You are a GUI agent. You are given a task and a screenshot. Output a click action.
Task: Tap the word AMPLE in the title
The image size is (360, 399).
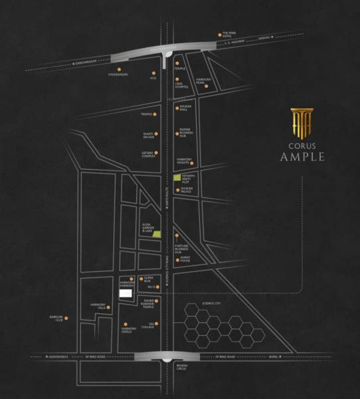pos(302,157)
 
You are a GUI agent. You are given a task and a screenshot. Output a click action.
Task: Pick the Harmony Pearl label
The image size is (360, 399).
pos(203,84)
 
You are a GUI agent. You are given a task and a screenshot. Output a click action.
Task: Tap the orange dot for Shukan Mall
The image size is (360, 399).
pos(176,107)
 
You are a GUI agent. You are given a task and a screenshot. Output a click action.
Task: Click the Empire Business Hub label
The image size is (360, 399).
pos(187,133)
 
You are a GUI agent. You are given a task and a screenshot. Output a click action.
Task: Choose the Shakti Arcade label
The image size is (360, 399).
pos(149,135)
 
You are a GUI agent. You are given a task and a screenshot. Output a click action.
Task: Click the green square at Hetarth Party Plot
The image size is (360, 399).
pos(177,178)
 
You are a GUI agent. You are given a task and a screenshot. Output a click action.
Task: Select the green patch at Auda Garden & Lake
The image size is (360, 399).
pos(157,233)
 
